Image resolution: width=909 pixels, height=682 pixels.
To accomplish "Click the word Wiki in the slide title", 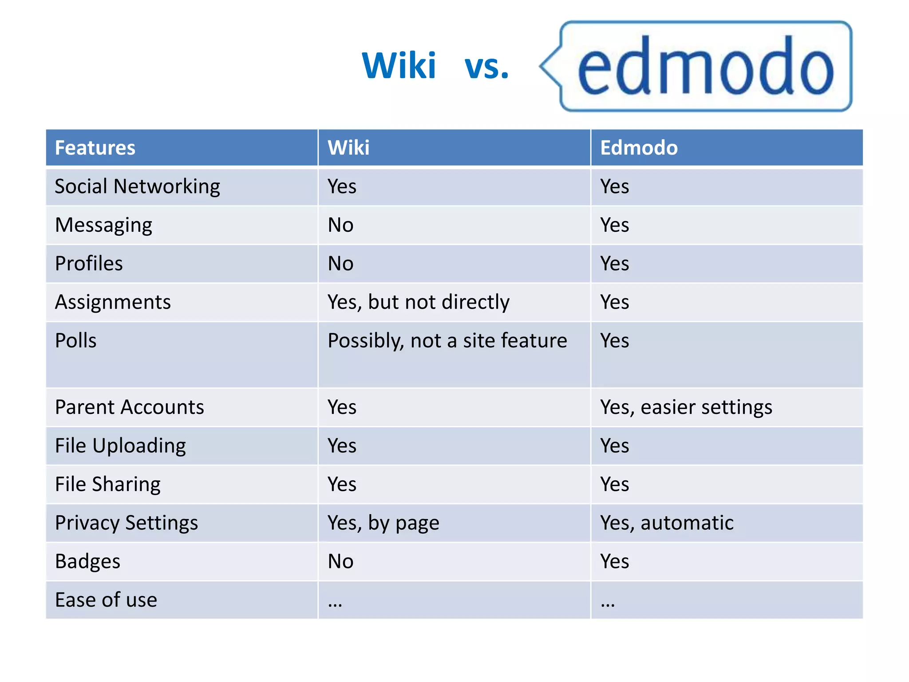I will coord(399,66).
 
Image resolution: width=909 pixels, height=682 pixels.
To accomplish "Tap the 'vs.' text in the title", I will coord(486,67).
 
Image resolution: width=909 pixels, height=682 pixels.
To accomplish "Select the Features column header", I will coord(95,148).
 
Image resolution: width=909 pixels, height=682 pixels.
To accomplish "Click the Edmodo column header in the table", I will coord(639,148).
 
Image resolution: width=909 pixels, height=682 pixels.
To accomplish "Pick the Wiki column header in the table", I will coord(348,148).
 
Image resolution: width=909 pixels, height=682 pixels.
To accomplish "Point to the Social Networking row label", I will coord(137,186).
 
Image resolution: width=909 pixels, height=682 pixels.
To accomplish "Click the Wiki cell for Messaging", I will coord(340,225).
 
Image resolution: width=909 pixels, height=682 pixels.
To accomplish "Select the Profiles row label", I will coord(89,264).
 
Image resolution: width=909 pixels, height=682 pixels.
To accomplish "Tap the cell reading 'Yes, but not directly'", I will coord(419,302).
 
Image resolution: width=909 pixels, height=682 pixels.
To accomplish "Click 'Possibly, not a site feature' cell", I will coord(447,341).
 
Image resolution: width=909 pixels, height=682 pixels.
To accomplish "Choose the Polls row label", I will coord(76,341).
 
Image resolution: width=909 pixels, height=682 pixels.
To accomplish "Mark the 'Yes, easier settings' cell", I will coord(686,407).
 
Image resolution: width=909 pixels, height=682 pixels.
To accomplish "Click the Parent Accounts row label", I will coord(129,407).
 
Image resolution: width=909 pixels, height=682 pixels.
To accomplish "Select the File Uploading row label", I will coord(120,446).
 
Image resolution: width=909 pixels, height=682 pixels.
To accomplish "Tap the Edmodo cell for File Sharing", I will coord(615,484).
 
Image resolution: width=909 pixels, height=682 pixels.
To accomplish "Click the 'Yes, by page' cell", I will coord(383,523).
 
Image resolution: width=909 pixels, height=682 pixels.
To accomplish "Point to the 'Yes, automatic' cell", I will coord(667,523).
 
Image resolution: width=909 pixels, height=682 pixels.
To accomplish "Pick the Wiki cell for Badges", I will coord(340,562).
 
